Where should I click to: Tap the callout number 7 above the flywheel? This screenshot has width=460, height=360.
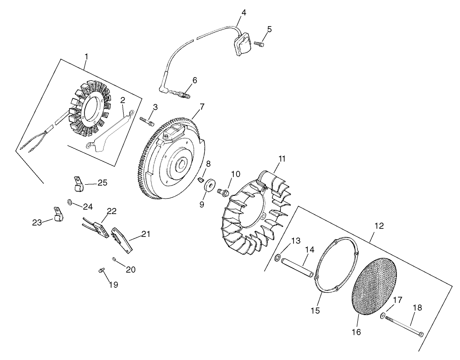pyautogui.click(x=202, y=107)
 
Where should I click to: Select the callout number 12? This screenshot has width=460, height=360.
pyautogui.click(x=379, y=226)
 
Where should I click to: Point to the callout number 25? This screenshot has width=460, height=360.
pyautogui.click(x=102, y=182)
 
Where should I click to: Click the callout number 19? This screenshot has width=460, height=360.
pyautogui.click(x=113, y=284)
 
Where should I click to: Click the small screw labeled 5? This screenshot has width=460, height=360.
pyautogui.click(x=259, y=44)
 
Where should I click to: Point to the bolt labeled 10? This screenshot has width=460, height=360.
pyautogui.click(x=223, y=191)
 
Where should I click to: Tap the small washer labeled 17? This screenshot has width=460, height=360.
pyautogui.click(x=382, y=317)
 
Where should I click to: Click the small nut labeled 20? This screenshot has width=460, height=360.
pyautogui.click(x=114, y=259)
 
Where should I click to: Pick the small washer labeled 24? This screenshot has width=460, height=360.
pyautogui.click(x=70, y=201)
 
